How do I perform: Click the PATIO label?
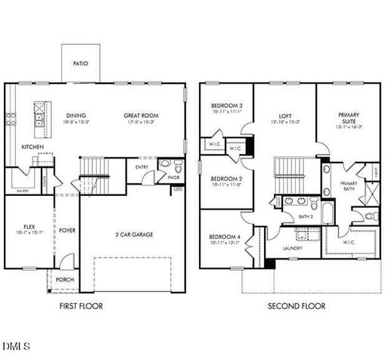click(80, 64)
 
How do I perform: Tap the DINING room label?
click(76, 116)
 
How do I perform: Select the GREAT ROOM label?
click(139, 116)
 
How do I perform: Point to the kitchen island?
click(35, 118)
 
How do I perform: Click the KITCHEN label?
click(32, 147)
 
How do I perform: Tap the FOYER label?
click(67, 230)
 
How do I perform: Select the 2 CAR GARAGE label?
click(133, 234)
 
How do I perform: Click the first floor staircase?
click(93, 168)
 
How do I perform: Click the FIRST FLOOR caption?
click(80, 306)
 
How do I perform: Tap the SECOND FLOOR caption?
click(297, 306)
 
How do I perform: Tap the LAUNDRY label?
click(293, 248)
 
